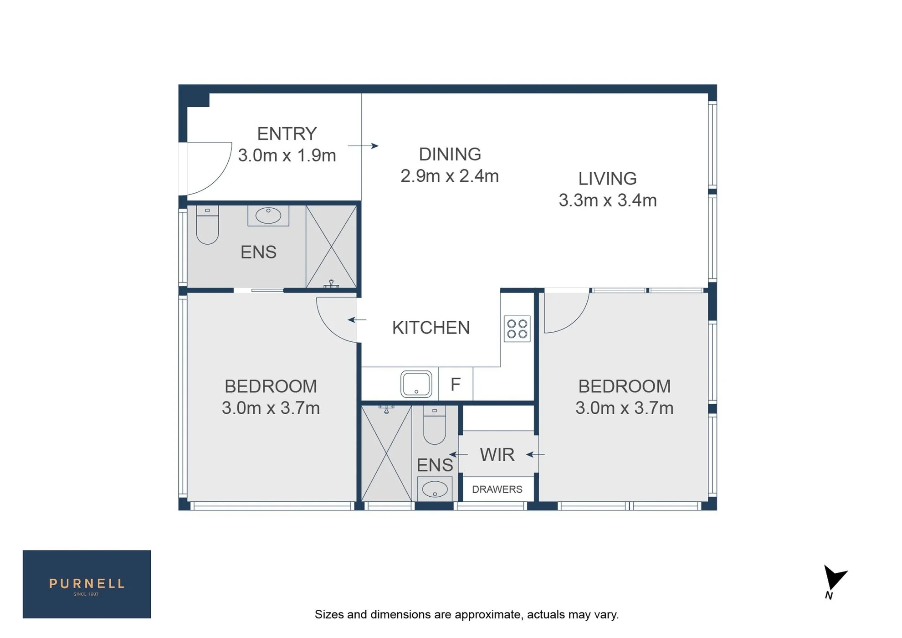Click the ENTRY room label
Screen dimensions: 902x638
point(287,134)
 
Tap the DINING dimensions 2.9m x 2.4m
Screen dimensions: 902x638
point(450,176)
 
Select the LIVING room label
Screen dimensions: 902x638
point(607,179)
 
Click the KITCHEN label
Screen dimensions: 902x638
point(430,328)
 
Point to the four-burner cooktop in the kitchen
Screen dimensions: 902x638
point(517,329)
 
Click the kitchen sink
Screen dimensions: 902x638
point(416,384)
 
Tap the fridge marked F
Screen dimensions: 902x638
point(456,384)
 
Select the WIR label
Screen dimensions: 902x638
point(497,455)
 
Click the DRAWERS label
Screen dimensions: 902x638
point(497,489)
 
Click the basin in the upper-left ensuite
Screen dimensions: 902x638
point(268,216)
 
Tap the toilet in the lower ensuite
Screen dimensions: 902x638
point(435,425)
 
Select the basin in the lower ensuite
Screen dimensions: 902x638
point(435,489)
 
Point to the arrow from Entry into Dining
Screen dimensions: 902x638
point(363,146)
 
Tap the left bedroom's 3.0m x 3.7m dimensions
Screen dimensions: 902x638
point(271,408)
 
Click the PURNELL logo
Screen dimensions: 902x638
point(87,584)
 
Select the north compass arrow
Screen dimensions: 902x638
point(835,578)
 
